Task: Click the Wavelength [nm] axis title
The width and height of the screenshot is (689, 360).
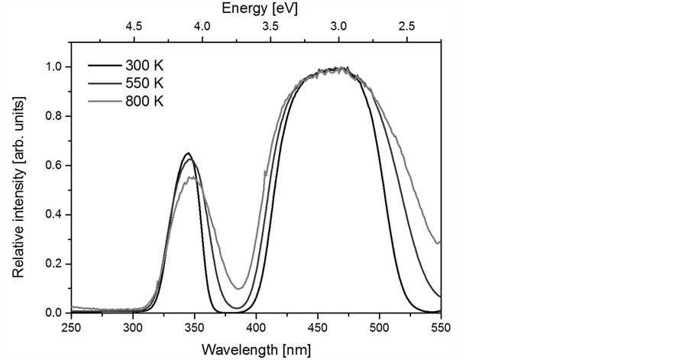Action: tap(256, 350)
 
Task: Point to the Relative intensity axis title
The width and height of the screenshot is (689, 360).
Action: tap(18, 188)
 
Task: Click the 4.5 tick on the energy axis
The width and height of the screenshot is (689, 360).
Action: tap(134, 26)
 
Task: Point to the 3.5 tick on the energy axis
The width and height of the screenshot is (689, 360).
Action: tap(270, 26)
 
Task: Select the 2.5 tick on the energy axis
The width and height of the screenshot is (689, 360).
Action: tap(406, 26)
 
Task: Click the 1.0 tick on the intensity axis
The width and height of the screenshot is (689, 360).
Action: tap(54, 67)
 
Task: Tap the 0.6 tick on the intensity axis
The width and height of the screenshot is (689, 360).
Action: tap(54, 166)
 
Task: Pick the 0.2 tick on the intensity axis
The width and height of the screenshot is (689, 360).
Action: tap(54, 264)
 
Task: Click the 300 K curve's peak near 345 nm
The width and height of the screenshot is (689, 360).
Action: tap(187, 153)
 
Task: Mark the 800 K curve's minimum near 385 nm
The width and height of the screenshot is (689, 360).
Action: tap(239, 289)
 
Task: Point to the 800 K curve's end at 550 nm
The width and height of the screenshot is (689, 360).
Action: tap(440, 242)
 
